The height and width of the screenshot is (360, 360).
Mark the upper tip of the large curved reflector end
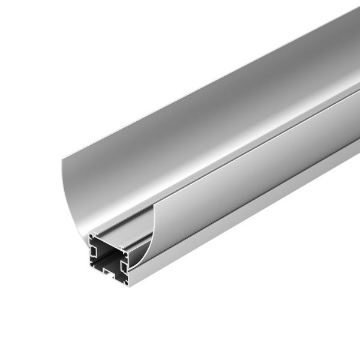pyautogui.click(x=62, y=158)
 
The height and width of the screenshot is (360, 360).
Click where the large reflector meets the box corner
pyautogui.click(x=88, y=232)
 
